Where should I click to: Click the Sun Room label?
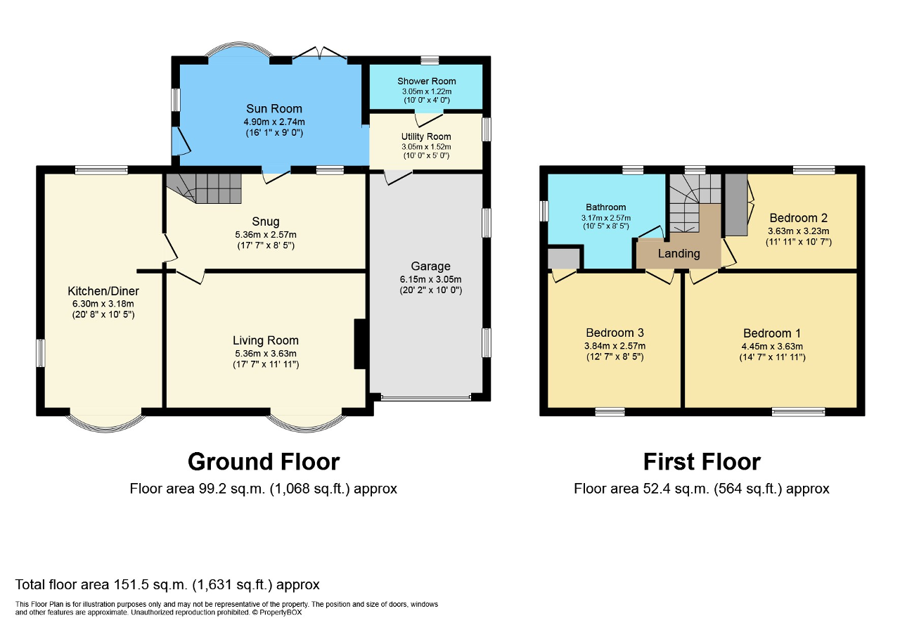[x=274, y=108]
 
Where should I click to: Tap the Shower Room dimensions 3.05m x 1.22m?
[x=427, y=91]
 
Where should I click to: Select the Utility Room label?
[x=426, y=136]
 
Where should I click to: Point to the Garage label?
[x=430, y=266]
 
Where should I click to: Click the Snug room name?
[x=266, y=221]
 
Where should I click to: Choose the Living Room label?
[x=266, y=340]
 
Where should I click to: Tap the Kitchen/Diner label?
[x=103, y=291]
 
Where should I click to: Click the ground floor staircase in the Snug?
[x=204, y=188]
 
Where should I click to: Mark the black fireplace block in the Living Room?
[x=360, y=344]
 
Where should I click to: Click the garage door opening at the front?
[x=425, y=398]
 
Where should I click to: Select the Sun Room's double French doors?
[x=320, y=54]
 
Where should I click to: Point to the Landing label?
[x=679, y=254]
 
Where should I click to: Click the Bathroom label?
[x=605, y=207]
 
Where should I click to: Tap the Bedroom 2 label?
[x=798, y=218]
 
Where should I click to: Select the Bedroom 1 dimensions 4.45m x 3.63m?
[x=772, y=347]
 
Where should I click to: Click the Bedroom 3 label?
[x=615, y=333]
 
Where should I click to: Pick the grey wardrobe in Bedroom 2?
[x=736, y=205]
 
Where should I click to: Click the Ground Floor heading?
[x=264, y=462]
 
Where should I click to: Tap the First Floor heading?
[x=702, y=462]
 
